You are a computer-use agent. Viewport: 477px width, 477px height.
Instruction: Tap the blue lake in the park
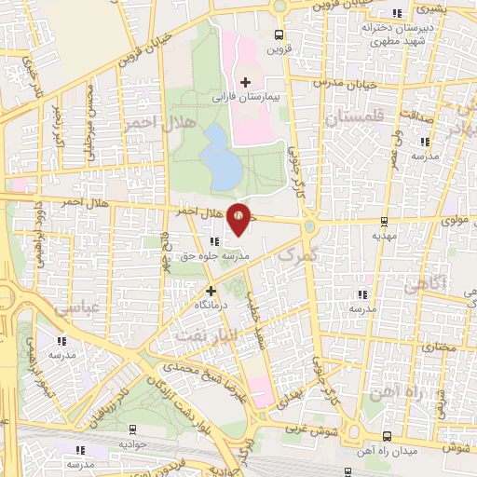tap(221, 157)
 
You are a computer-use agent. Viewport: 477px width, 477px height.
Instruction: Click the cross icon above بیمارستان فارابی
tap(246, 82)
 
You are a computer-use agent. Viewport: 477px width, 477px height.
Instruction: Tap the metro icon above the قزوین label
tap(277, 35)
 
